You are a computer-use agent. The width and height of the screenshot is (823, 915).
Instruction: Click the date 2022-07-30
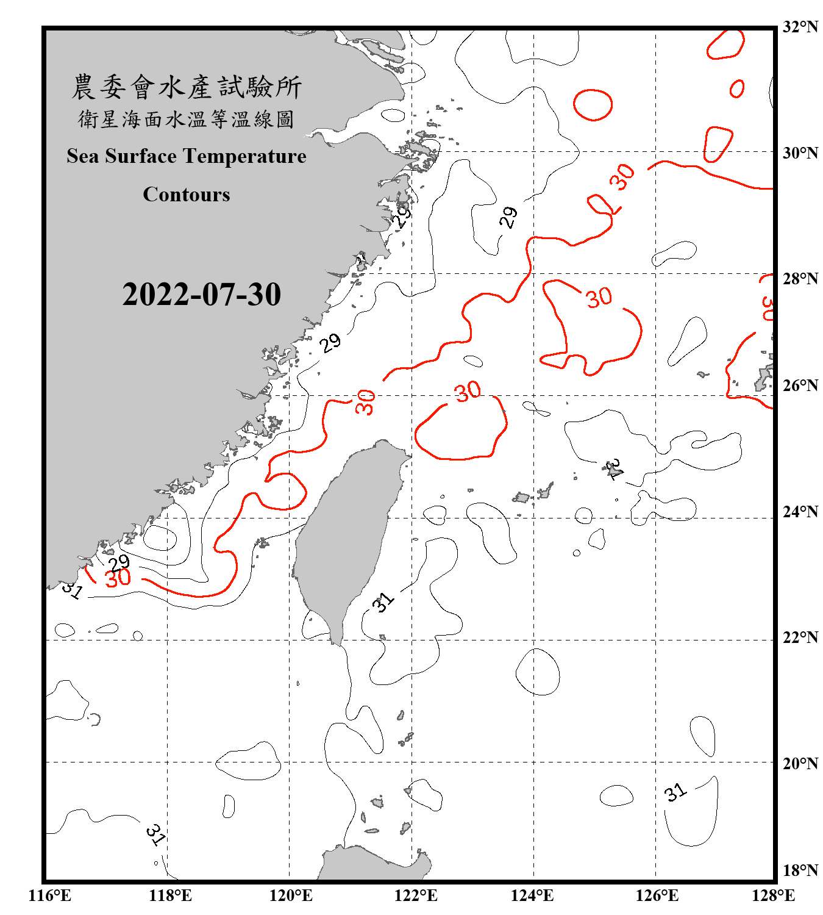[201, 295]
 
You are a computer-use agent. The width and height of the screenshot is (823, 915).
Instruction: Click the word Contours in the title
[187, 195]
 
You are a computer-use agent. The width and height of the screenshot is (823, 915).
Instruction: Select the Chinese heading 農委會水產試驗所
[187, 87]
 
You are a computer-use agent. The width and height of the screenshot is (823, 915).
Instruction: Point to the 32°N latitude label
[800, 27]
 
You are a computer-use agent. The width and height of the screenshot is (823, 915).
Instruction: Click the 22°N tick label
[800, 638]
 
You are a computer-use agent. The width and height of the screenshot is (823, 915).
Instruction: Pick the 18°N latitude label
[800, 870]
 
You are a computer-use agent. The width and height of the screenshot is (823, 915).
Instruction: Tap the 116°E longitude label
[50, 895]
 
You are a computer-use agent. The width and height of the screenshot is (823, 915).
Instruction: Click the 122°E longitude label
[416, 895]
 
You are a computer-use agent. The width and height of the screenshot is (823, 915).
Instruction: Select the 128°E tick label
[773, 895]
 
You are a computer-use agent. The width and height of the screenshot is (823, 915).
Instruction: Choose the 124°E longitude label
[532, 895]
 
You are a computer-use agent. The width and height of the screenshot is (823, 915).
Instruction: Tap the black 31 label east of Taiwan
[384, 602]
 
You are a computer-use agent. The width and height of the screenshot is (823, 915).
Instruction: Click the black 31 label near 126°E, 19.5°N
[675, 792]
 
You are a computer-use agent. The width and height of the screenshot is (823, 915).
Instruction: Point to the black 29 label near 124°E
[508, 217]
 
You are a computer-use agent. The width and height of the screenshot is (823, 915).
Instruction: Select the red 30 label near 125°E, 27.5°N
[599, 298]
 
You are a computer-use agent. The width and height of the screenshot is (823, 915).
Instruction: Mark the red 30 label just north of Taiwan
[468, 391]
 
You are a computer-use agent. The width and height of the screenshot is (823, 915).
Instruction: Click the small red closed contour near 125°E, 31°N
[593, 105]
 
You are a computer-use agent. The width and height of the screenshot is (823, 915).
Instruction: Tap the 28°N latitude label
[800, 279]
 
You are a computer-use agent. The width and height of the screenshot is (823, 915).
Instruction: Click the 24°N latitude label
[800, 512]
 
